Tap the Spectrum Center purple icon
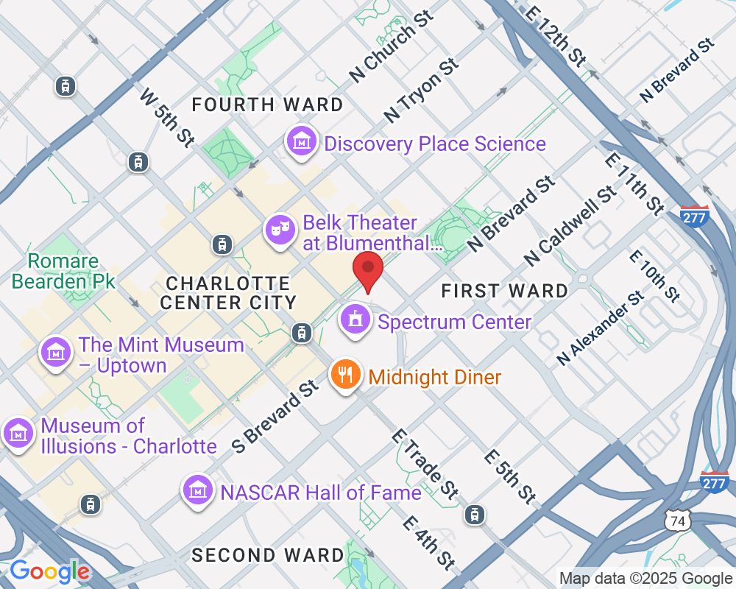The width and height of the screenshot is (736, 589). tap(355, 320)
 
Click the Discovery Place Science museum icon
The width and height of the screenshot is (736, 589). tap(301, 141)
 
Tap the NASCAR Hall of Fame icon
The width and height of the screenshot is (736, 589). tap(197, 490)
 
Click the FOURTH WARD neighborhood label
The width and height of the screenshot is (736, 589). tap(267, 105)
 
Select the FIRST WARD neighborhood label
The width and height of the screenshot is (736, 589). tap(505, 292)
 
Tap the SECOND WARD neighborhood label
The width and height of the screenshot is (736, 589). tap(268, 555)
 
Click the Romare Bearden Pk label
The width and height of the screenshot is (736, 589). tap(63, 271)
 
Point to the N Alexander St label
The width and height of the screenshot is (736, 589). tap(601, 328)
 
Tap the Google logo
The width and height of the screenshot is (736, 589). tap(50, 571)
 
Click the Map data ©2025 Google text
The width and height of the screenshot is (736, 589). tap(645, 579)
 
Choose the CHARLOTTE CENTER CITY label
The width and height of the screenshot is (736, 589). tap(228, 293)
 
